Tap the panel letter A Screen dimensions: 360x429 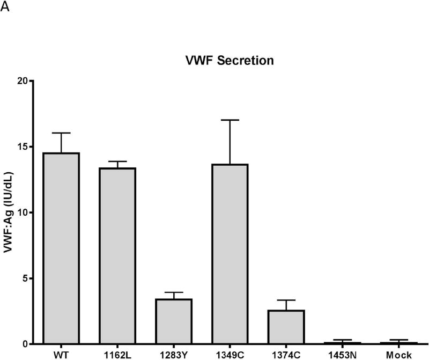[x=5, y=6]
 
